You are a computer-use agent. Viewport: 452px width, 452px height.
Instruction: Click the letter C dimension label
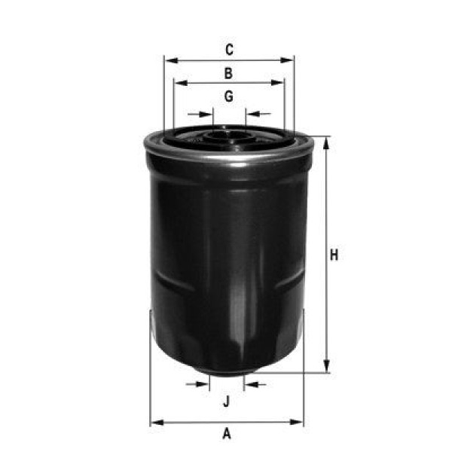[229, 50]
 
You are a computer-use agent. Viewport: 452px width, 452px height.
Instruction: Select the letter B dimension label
[228, 73]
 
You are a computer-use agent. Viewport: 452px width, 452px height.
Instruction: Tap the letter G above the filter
[228, 96]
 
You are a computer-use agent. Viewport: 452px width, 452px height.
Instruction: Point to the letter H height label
[334, 255]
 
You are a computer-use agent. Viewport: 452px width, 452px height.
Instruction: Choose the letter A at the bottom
[226, 433]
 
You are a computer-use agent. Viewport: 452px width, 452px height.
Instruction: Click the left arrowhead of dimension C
[169, 60]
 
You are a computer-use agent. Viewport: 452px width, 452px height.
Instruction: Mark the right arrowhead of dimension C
[289, 60]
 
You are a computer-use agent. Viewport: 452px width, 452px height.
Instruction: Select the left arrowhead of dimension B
[179, 82]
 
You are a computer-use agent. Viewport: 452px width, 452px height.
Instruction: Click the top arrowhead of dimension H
[326, 142]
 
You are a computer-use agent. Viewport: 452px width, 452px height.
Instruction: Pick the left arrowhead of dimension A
[156, 422]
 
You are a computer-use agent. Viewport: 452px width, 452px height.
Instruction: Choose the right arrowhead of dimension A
[298, 422]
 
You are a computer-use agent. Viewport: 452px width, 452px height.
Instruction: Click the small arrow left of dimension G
[208, 115]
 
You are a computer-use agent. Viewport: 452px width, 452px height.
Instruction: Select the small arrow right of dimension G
[252, 115]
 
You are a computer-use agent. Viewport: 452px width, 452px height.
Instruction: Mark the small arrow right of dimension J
[249, 384]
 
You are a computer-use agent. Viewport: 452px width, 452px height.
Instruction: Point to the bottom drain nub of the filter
[226, 371]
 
